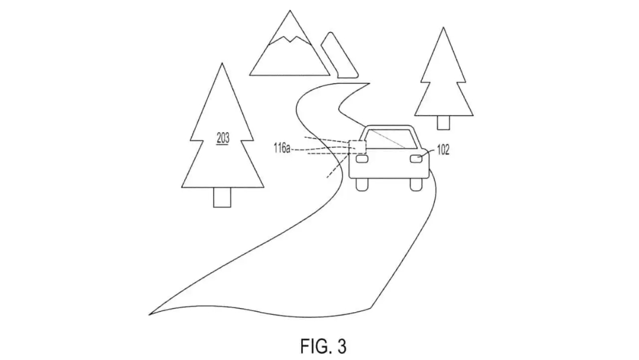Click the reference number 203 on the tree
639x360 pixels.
pyautogui.click(x=223, y=138)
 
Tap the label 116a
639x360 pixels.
pyautogui.click(x=282, y=147)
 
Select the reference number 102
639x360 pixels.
pyautogui.click(x=443, y=150)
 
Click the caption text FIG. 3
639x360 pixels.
pyautogui.click(x=324, y=346)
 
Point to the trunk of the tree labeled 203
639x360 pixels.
pyautogui.click(x=222, y=197)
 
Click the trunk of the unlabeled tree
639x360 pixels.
pyautogui.click(x=443, y=123)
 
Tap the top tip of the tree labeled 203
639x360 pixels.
pyautogui.click(x=222, y=63)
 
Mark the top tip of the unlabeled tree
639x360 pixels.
pyautogui.click(x=443, y=28)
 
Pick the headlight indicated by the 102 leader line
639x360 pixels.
pyautogui.click(x=416, y=159)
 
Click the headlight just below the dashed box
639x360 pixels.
pyautogui.click(x=362, y=159)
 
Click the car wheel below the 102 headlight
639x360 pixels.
pyautogui.click(x=416, y=185)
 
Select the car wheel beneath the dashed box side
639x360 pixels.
pyautogui.click(x=362, y=185)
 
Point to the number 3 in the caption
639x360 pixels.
pyautogui.click(x=341, y=346)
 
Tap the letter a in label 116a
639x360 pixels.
pyautogui.click(x=288, y=149)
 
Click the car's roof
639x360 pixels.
pyautogui.click(x=389, y=127)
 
